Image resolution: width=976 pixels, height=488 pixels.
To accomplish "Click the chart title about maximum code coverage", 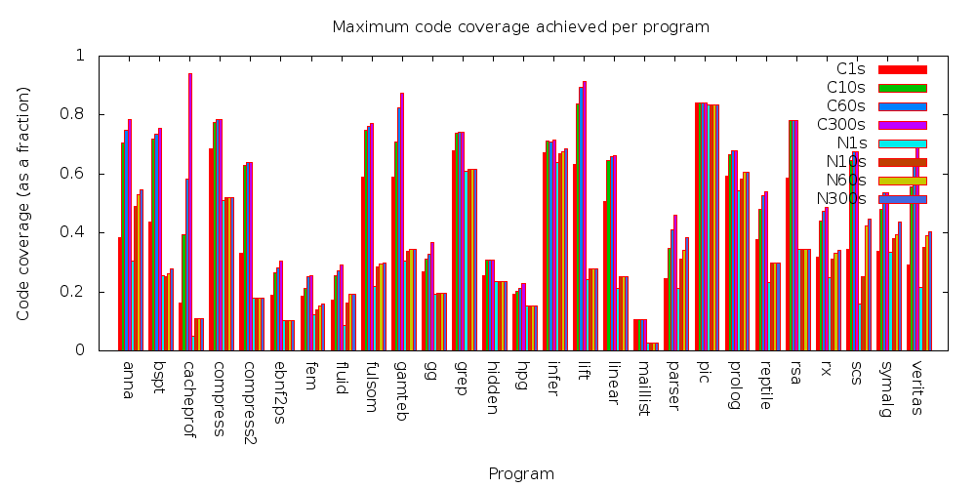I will [520, 26].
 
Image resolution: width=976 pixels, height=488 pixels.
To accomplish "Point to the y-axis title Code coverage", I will [23, 203].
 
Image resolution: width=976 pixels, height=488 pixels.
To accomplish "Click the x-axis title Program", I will [521, 474].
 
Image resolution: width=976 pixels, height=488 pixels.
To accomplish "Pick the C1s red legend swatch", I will [902, 69].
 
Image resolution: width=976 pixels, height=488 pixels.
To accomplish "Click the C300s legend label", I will [840, 125].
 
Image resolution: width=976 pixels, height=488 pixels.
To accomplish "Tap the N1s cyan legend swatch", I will [902, 143].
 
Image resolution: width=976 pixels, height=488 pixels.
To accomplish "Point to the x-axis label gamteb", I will [401, 389].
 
